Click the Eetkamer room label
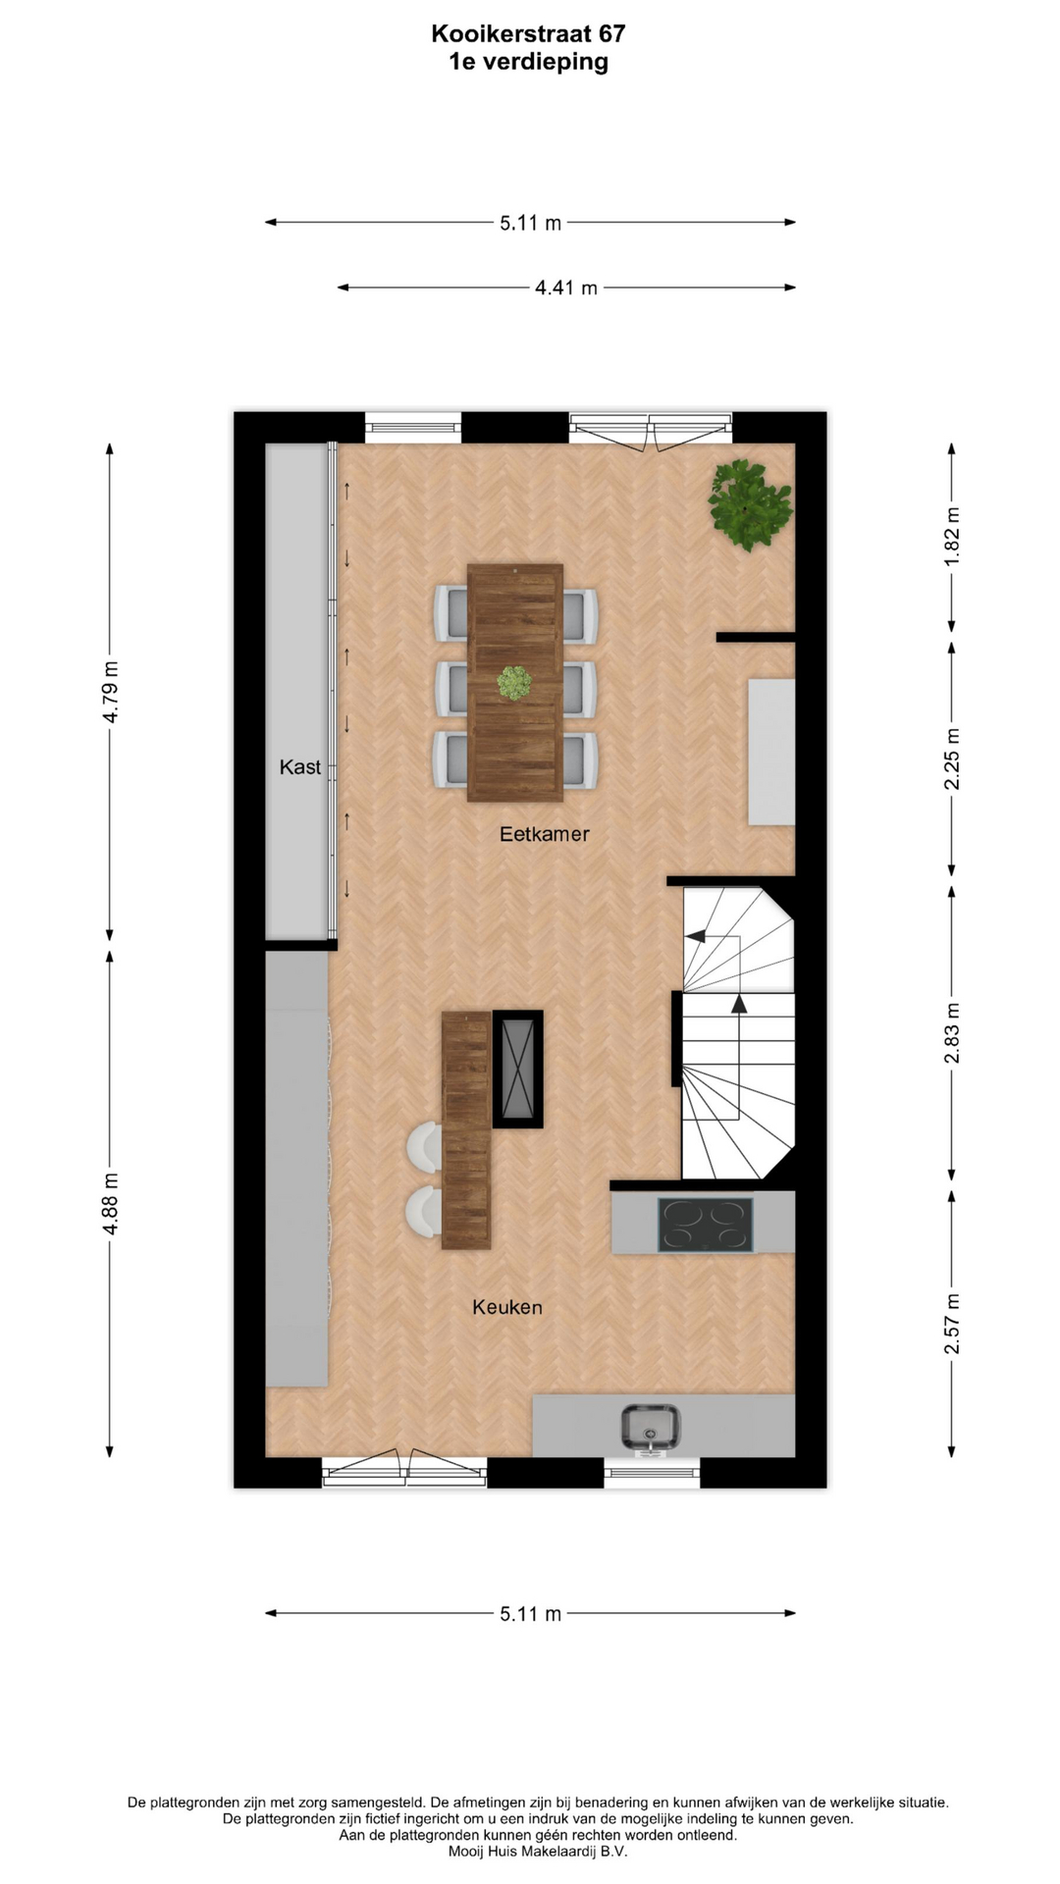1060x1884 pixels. coord(545,834)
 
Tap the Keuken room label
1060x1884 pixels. coord(506,1307)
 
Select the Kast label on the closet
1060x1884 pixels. coord(299,767)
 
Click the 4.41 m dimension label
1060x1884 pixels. coord(566,288)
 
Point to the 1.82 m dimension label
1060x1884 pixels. coord(951,536)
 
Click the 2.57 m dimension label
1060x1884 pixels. coord(951,1324)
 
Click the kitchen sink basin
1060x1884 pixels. coord(650,1427)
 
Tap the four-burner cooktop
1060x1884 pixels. coord(705,1225)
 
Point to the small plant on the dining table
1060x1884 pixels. coord(513,682)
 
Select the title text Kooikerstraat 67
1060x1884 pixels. coord(528,34)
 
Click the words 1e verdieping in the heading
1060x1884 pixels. coord(528,62)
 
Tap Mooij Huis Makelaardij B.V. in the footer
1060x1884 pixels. coord(538,1852)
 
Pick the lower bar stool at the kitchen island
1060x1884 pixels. coord(425,1211)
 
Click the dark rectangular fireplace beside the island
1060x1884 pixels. coord(517,1069)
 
